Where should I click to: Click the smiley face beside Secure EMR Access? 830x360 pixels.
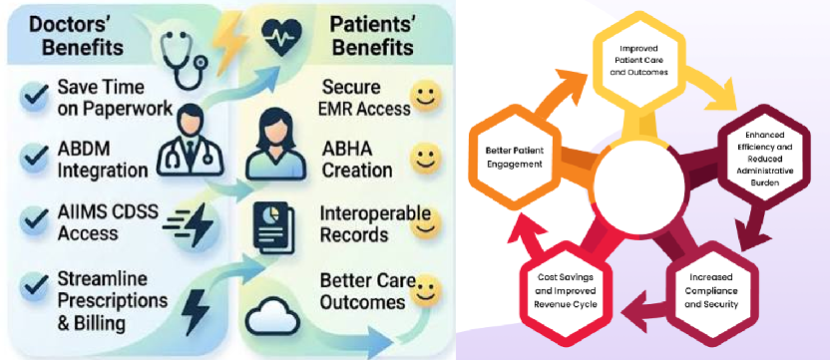pos(425,96)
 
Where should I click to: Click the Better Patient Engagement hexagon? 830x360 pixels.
pos(515,158)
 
